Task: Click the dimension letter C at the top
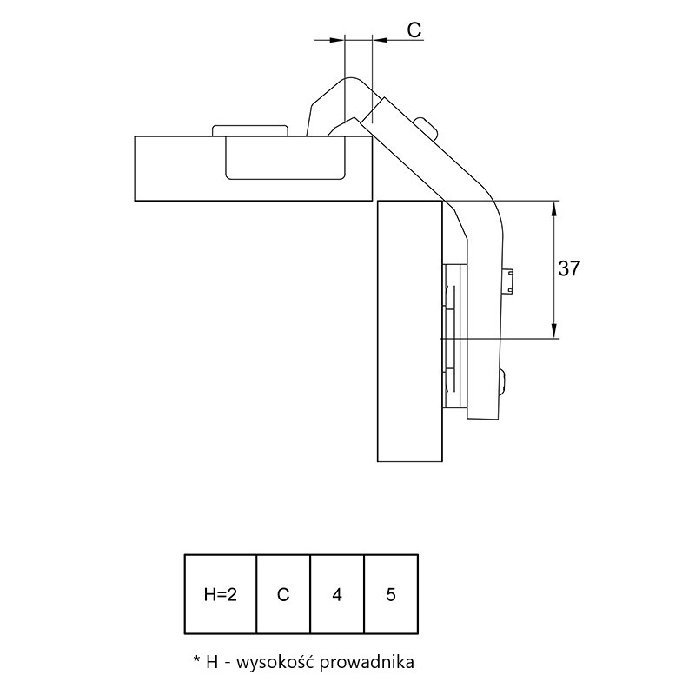pos(414,30)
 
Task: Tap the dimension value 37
pos(569,268)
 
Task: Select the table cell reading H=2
pos(221,594)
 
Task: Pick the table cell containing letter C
pos(283,594)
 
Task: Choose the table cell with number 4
pos(337,594)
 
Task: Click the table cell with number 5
pos(391,594)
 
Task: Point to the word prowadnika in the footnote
pos(367,663)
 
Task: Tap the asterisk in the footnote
pos(197,660)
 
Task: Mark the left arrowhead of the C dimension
pos(337,40)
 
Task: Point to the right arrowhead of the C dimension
pos(380,40)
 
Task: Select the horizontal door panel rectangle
pos(254,169)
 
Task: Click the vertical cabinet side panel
pos(410,331)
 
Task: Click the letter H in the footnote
pos(212,663)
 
